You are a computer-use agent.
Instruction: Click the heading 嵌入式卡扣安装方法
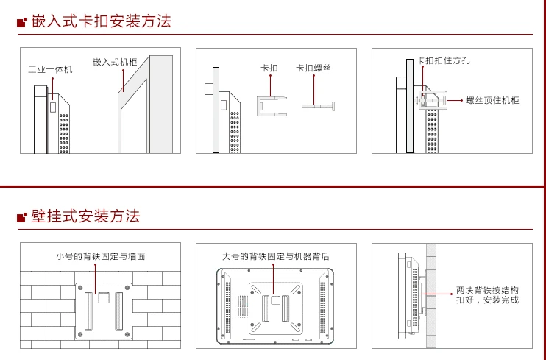[x=102, y=21]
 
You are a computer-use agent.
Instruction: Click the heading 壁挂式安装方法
[x=85, y=216]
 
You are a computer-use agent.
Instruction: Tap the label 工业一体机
[x=51, y=69]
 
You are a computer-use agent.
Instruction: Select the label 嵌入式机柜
[x=116, y=62]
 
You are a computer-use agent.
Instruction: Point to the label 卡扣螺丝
[x=313, y=68]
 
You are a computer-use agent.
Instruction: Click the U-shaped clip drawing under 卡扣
[x=258, y=106]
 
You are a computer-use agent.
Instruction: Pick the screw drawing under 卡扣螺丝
[x=319, y=106]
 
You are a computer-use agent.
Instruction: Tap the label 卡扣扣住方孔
[x=443, y=60]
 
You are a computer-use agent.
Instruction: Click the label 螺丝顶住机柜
[x=492, y=100]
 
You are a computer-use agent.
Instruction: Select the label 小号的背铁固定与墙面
[x=101, y=256]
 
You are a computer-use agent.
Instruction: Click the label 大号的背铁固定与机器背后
[x=276, y=256]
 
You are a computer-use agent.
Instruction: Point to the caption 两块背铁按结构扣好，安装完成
[x=487, y=294]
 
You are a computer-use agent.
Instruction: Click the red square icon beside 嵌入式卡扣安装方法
[x=22, y=22]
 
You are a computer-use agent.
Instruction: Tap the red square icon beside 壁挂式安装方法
[x=22, y=217]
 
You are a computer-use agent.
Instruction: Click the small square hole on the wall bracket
[x=104, y=297]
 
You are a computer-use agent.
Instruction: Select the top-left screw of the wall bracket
[x=80, y=288]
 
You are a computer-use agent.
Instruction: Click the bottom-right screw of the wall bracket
[x=127, y=334]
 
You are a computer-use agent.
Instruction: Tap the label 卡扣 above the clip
[x=269, y=68]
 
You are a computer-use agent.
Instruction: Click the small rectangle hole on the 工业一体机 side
[x=52, y=107]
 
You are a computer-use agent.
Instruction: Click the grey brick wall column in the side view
[x=431, y=295]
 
